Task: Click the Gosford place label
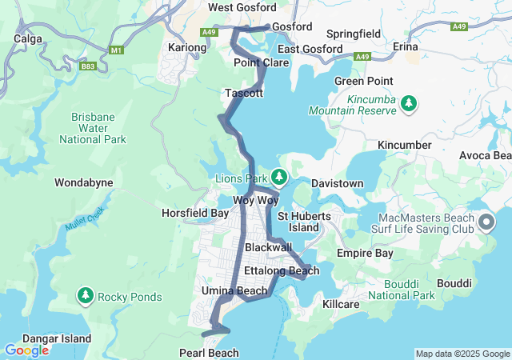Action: (x=292, y=26)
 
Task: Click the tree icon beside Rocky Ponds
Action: (x=85, y=297)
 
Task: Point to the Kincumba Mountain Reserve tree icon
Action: (x=409, y=104)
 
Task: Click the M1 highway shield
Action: (x=118, y=50)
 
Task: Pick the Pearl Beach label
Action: (x=210, y=353)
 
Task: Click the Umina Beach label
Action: (x=234, y=290)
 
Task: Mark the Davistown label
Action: (x=336, y=183)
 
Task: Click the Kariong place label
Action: (x=187, y=48)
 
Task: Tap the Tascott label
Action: (x=244, y=94)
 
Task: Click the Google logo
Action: (x=26, y=350)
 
